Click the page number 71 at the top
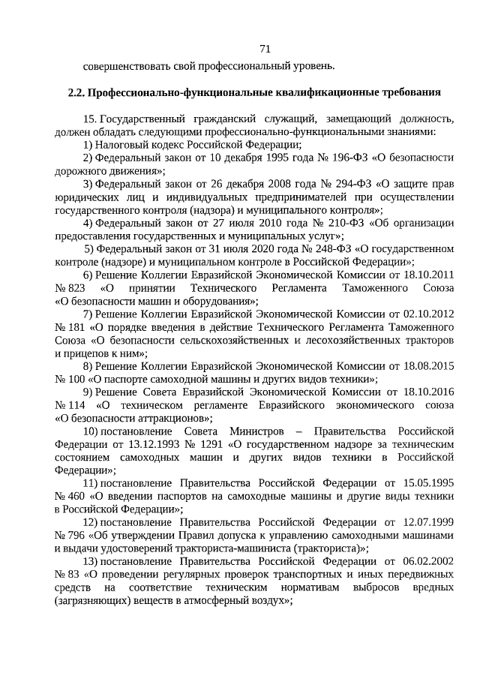point(264,49)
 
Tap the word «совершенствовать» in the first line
point(120,66)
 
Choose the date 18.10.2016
point(428,392)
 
